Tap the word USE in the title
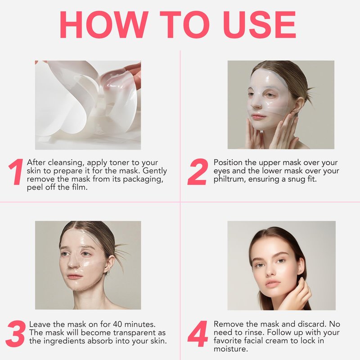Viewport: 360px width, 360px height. point(260,25)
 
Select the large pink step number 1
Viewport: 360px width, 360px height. point(16,171)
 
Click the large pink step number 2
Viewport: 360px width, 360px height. point(198,171)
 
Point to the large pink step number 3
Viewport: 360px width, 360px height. point(15,333)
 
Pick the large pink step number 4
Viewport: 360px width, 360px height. point(198,333)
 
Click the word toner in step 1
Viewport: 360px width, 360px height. point(119,162)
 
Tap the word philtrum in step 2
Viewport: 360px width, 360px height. point(228,179)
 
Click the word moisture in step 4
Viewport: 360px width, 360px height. point(231,349)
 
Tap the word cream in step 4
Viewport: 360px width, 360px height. point(277,341)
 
